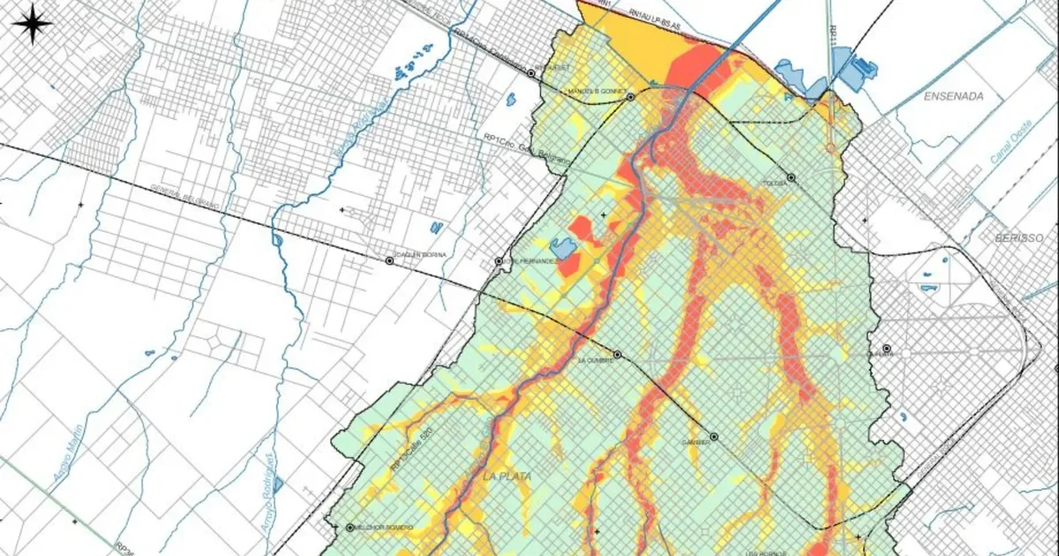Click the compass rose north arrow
click(x=33, y=24)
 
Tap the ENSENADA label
click(x=953, y=96)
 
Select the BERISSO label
click(x=1019, y=238)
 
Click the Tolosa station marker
click(x=792, y=177)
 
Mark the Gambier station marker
click(x=714, y=436)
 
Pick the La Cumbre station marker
click(x=618, y=355)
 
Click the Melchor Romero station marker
click(x=350, y=527)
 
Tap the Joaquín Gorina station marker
click(x=389, y=261)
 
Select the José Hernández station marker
click(x=499, y=262)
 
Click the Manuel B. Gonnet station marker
click(x=630, y=97)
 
